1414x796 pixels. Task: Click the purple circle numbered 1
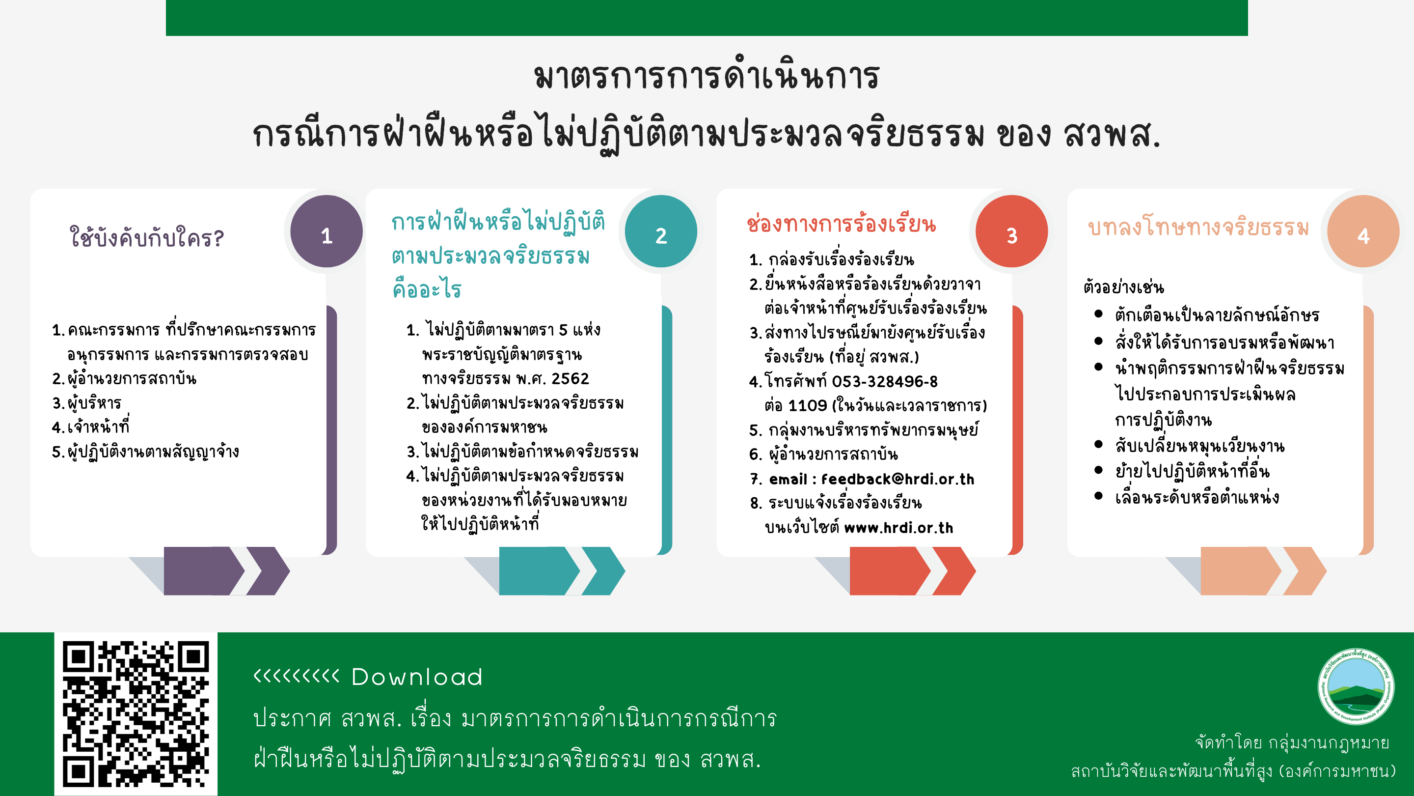point(326,231)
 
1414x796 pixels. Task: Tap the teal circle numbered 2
point(661,231)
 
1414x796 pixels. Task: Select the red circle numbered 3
point(1011,231)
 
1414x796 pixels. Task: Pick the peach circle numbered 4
point(1363,231)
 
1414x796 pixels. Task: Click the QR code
point(136,713)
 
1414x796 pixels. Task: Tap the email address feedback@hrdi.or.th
point(897,479)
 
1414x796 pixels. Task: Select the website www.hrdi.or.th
point(898,528)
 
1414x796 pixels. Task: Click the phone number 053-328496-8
point(885,381)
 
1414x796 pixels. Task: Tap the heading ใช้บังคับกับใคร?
point(147,237)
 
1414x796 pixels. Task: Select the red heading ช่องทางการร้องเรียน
point(842,225)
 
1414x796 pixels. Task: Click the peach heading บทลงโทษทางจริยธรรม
point(1198,227)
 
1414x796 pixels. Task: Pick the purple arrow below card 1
point(227,571)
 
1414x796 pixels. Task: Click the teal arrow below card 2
point(562,571)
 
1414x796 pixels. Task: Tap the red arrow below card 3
point(913,571)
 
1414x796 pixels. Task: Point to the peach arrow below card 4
point(1264,571)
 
